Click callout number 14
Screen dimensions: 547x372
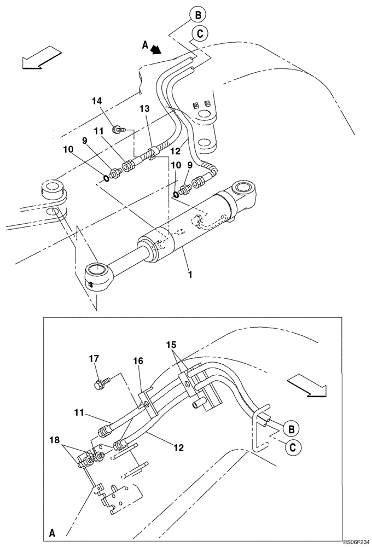pos(96,101)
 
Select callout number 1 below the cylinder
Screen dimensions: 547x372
pos(190,274)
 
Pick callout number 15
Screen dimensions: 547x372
pos(172,345)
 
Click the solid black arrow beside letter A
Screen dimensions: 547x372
pos(157,50)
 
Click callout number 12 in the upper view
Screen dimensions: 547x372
pos(176,150)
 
